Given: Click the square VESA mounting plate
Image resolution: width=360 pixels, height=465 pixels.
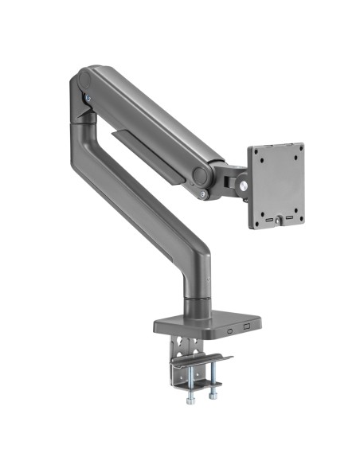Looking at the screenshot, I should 276,186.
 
